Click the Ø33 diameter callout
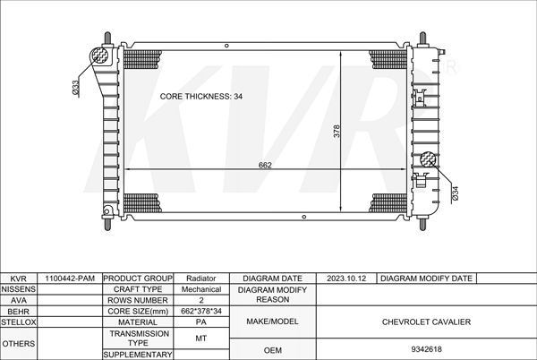pos(76,88)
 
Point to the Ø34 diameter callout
pos(455,193)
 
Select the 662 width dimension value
pos(265,165)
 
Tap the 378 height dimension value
pos(337,131)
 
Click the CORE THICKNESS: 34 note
pos(201,97)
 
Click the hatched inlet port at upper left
pos(99,56)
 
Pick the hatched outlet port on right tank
pos(429,159)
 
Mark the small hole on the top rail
pos(226,46)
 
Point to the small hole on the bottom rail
pos(304,217)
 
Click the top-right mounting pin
pos(422,38)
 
